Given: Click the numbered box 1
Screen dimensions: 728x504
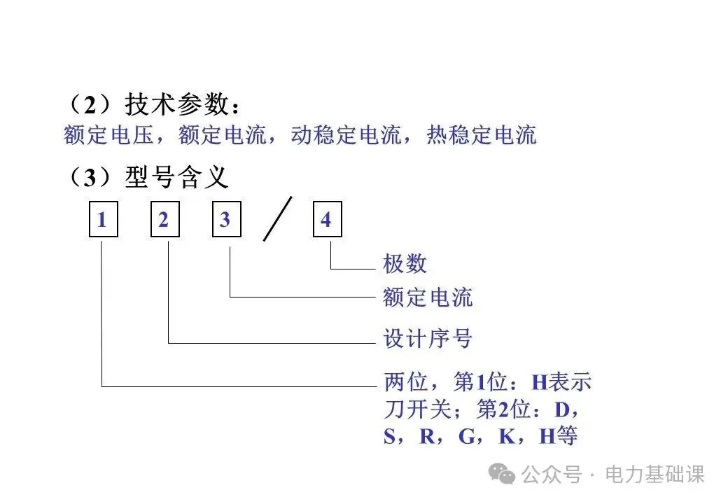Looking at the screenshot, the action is [103, 220].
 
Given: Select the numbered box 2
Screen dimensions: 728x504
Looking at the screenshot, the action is [164, 220].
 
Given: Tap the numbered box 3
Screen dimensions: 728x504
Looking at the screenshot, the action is [226, 220].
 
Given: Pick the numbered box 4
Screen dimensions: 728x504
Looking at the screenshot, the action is [326, 220].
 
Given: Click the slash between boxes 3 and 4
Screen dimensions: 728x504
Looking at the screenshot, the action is [277, 220].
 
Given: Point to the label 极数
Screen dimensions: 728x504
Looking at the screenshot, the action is [405, 264].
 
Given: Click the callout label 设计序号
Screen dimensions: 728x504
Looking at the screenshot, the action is [428, 339].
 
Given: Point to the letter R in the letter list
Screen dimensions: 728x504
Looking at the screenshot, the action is [426, 437].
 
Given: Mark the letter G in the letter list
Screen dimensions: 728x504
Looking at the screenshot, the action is [466, 437].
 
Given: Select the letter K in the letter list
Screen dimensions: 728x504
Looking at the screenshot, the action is [506, 437].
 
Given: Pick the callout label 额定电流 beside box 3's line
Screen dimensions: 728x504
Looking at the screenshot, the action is [428, 297].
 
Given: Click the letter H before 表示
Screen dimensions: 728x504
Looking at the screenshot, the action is [540, 383].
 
